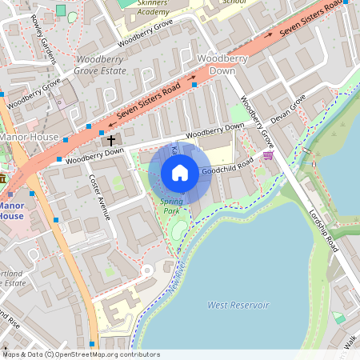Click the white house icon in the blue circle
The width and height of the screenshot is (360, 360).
pyautogui.click(x=180, y=173)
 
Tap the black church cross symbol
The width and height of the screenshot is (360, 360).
pyautogui.click(x=110, y=140)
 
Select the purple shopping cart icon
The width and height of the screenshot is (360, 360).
pyautogui.click(x=267, y=155)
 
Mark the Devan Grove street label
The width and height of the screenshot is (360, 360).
pyautogui.click(x=288, y=110)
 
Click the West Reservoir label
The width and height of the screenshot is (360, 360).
pyautogui.click(x=234, y=305)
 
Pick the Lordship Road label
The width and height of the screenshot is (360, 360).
pyautogui.click(x=324, y=232)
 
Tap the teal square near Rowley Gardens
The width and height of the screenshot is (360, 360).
pyautogui.click(x=60, y=10)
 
